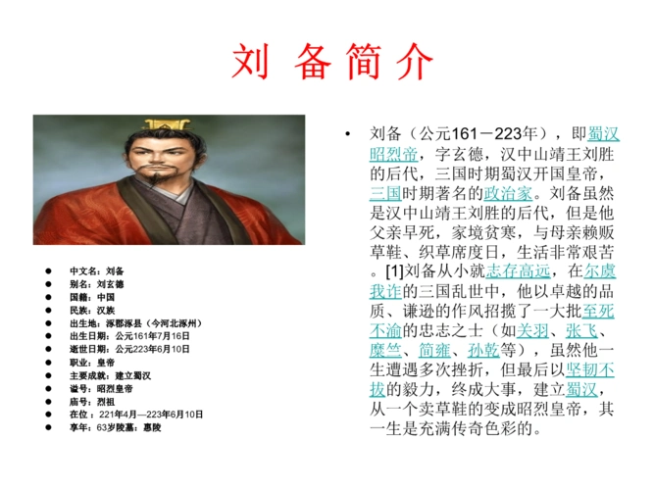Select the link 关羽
tap(533, 330)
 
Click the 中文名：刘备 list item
tap(96, 270)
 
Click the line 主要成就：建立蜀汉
tap(110, 375)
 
